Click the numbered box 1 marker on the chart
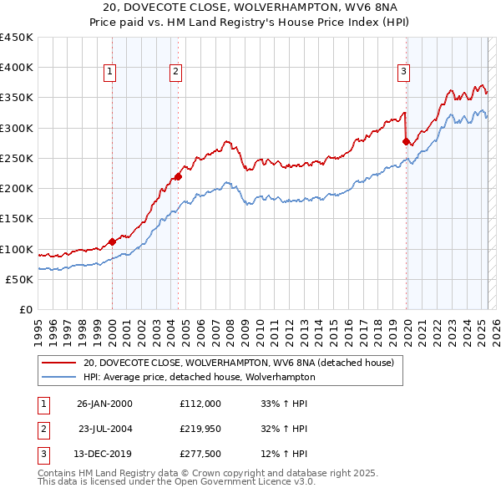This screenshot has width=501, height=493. pyautogui.click(x=109, y=73)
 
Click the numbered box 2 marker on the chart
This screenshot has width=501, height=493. pyautogui.click(x=176, y=73)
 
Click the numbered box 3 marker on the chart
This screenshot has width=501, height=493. pyautogui.click(x=403, y=73)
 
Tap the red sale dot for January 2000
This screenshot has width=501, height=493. pyautogui.click(x=112, y=242)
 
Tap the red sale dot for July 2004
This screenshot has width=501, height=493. pyautogui.click(x=178, y=176)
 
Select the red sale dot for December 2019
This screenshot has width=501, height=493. pyautogui.click(x=406, y=142)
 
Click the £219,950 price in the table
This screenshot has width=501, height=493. pyautogui.click(x=200, y=429)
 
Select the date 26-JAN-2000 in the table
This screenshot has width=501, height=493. pyautogui.click(x=104, y=404)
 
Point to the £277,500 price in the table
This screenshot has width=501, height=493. pyautogui.click(x=200, y=454)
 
